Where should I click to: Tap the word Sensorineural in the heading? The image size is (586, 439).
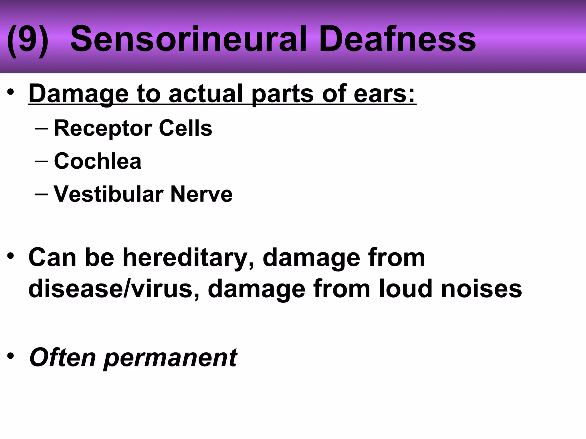click(x=189, y=39)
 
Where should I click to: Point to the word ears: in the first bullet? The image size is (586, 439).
click(x=384, y=94)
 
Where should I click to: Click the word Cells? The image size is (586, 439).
click(x=185, y=128)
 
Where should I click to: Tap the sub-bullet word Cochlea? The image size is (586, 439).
click(x=98, y=161)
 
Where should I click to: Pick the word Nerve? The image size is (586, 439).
click(x=201, y=194)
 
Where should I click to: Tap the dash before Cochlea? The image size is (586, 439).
click(x=41, y=161)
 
